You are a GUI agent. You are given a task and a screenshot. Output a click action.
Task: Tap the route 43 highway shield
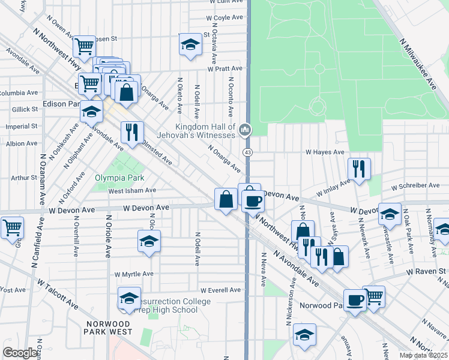pyautogui.click(x=247, y=152)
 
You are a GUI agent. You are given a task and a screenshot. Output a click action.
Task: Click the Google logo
pyautogui.click(x=20, y=352)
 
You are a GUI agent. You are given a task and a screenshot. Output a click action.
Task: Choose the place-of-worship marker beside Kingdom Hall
pyautogui.click(x=244, y=130)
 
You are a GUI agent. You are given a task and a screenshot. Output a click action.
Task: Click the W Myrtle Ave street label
pyautogui.click(x=135, y=274)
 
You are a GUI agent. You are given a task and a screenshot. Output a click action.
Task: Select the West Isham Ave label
pyautogui.click(x=132, y=191)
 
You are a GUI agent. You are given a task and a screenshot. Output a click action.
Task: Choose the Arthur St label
pyautogui.click(x=24, y=178)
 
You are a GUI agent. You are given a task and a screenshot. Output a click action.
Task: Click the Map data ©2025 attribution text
pyautogui.click(x=423, y=355)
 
